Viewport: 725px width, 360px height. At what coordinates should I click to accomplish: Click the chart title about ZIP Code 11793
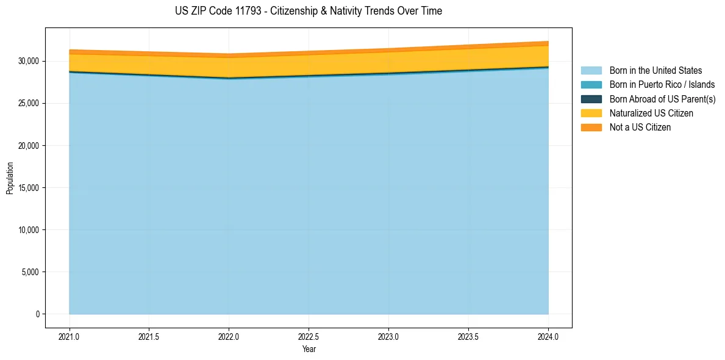(308, 11)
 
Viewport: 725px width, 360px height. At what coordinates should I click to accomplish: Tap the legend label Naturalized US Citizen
(651, 113)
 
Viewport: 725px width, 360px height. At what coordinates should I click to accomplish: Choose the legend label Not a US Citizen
(640, 128)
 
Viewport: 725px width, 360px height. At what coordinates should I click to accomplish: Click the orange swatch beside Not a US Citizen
(591, 128)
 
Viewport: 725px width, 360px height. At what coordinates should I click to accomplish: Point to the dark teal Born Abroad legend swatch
(591, 99)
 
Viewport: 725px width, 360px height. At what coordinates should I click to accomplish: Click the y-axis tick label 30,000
(29, 62)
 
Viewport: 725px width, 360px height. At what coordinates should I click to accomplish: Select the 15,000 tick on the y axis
(29, 188)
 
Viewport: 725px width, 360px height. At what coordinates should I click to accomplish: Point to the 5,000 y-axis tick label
(30, 272)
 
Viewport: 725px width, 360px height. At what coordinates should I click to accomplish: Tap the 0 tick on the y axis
(37, 314)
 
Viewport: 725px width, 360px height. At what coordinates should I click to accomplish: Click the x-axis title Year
(309, 350)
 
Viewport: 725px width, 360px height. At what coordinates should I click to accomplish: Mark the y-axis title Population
(10, 178)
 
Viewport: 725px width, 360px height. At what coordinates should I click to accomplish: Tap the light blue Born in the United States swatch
(591, 71)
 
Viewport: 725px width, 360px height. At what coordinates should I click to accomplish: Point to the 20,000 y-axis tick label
(29, 146)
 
